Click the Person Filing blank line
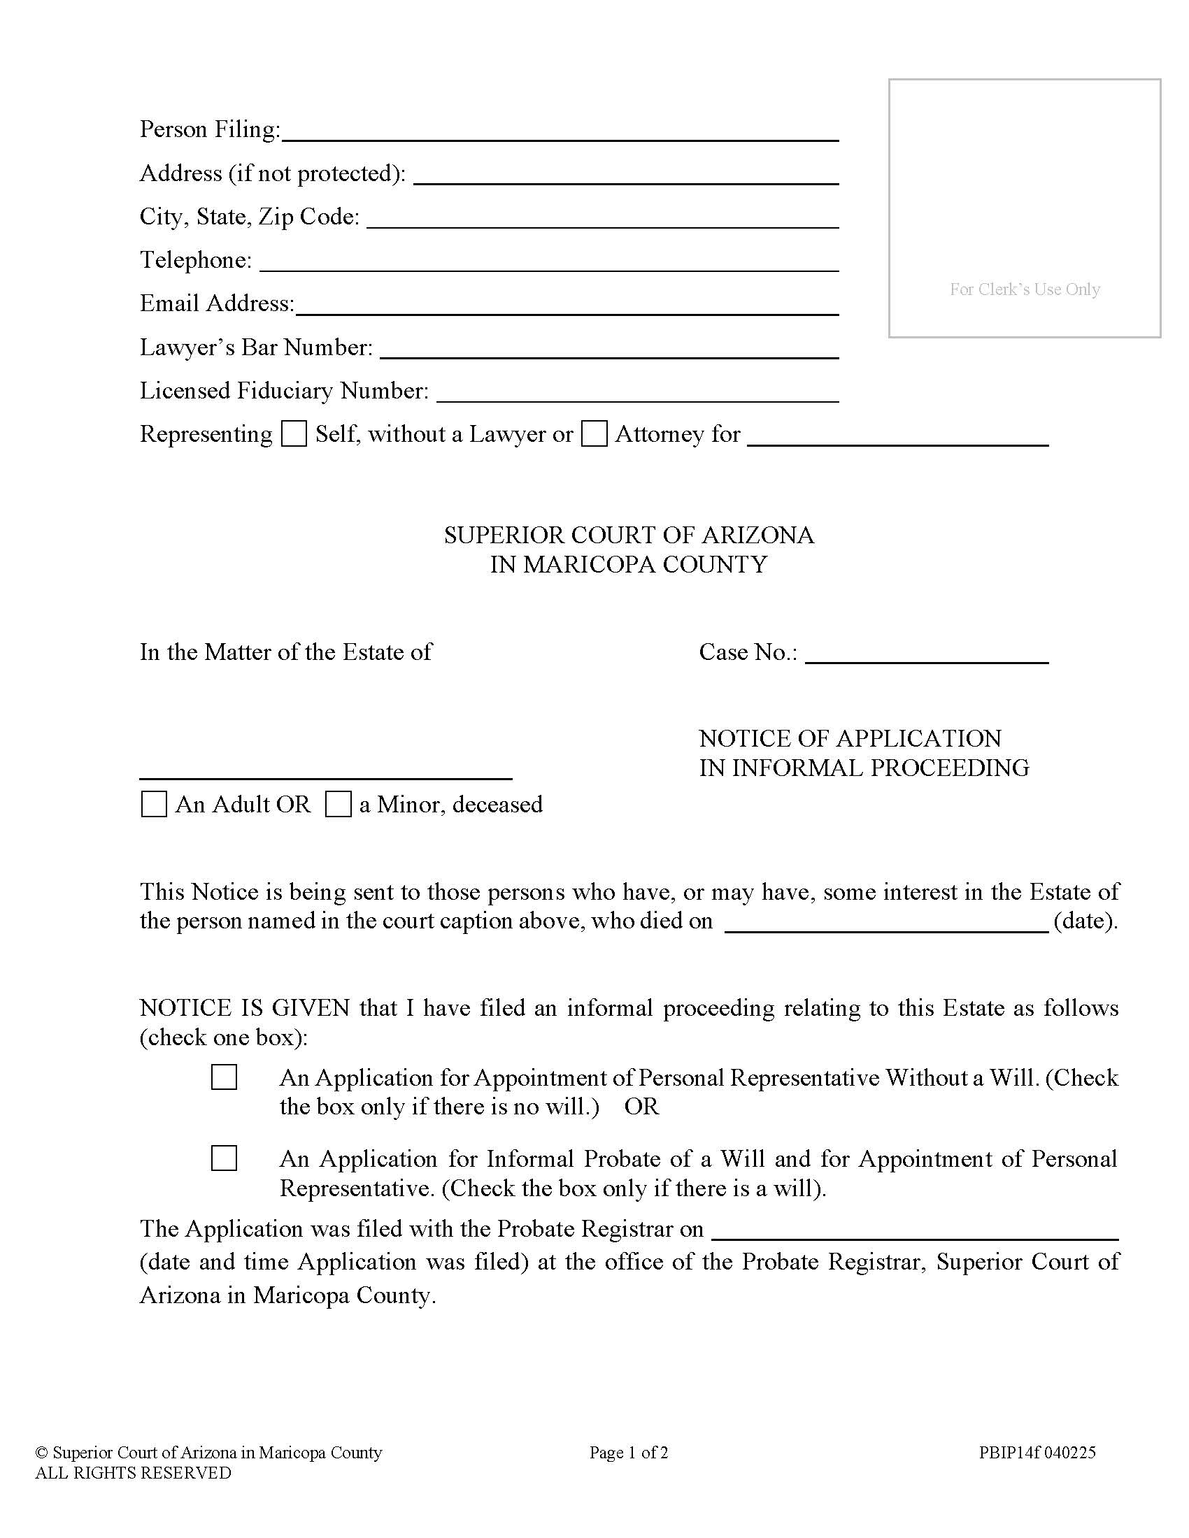tap(560, 134)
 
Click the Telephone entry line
tap(549, 264)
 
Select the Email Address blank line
tap(567, 308)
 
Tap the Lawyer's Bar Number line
tap(608, 352)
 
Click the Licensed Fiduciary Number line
tap(636, 395)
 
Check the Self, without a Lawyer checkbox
tap(294, 434)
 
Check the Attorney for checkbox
tap(594, 434)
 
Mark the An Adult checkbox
tap(155, 804)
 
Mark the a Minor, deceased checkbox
tap(338, 804)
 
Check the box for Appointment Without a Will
tap(224, 1077)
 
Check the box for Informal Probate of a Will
tap(224, 1158)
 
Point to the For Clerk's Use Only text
tap(1024, 289)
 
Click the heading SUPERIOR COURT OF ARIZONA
tap(628, 536)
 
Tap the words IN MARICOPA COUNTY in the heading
tap(628, 565)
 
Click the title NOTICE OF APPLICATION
tap(850, 738)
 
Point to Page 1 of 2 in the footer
tap(628, 1452)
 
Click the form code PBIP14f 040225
tap(1037, 1452)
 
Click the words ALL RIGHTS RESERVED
tap(133, 1473)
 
